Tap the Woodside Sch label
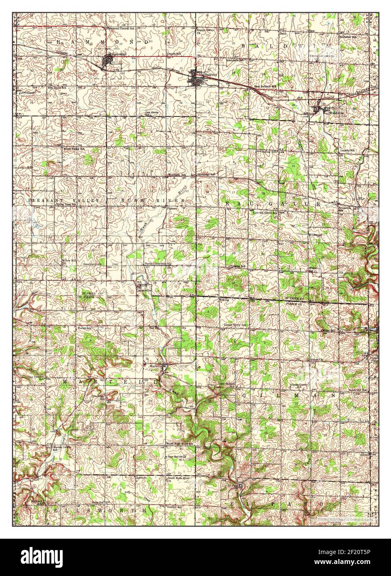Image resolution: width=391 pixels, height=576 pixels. tap(177, 175)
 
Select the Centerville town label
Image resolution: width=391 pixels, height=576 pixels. tap(144, 290)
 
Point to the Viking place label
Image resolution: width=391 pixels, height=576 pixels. tap(224, 299)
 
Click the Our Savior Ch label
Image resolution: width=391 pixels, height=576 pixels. tap(178, 457)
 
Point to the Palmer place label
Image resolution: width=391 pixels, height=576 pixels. tap(173, 208)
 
